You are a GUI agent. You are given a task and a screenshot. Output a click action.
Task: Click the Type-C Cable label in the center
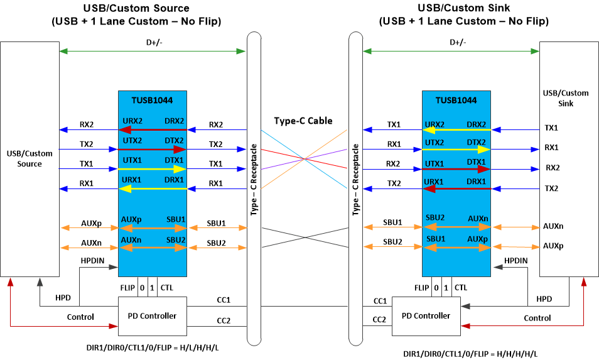coord(303,121)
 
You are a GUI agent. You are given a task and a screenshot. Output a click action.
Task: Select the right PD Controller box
coord(425,315)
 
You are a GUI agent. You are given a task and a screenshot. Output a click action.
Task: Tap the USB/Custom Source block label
coord(30,158)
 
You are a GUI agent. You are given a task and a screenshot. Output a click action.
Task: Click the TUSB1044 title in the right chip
coord(456,100)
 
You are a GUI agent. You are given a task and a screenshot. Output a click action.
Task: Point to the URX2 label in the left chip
coord(132,121)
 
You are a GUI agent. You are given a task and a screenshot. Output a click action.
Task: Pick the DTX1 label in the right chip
coord(476,163)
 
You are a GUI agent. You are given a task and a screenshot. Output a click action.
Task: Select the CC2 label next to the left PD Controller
coord(223,321)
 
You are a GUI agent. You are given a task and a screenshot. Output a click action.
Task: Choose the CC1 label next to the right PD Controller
coord(380,301)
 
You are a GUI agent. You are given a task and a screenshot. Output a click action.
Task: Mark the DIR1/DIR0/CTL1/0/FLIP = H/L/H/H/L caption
coord(156,347)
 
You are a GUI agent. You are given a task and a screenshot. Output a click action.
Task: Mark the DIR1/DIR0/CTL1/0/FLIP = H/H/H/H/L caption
coord(470,354)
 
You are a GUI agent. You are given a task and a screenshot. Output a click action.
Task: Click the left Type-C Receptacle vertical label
coord(254,180)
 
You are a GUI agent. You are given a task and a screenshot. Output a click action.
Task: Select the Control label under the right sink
coord(537,318)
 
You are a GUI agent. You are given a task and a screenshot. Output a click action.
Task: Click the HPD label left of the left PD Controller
coord(63,297)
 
